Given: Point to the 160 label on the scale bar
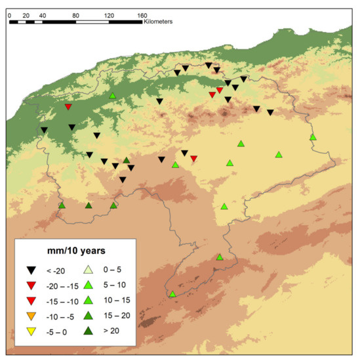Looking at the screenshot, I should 142,14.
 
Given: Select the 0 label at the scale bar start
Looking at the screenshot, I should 10,14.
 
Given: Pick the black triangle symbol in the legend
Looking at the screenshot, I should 31,270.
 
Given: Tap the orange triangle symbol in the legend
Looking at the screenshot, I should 31,316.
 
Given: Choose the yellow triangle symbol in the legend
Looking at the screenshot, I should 31,331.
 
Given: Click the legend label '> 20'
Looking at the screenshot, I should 110,331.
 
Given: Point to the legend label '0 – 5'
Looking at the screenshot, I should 110,270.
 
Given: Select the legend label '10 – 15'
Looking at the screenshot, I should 112,301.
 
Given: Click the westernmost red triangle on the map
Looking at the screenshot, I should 68,107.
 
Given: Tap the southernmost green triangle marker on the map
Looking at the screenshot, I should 172,294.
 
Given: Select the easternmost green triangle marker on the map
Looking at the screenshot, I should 313,137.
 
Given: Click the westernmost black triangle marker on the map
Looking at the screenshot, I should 44,130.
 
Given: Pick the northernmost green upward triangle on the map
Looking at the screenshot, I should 113,96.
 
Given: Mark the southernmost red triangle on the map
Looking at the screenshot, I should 193,158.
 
